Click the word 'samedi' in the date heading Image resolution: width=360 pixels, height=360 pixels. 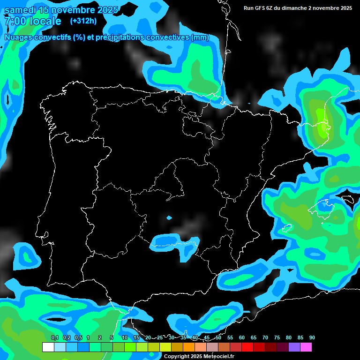click(21, 10)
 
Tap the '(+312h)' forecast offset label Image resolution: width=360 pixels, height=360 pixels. click(83, 21)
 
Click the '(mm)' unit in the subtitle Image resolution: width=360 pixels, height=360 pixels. click(200, 37)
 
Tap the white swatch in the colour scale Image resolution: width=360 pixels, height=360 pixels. click(48, 347)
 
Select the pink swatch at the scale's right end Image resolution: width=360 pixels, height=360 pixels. click(306, 347)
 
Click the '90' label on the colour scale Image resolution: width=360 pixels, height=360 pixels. click(312, 338)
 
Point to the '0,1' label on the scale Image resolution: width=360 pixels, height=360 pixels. click(54, 338)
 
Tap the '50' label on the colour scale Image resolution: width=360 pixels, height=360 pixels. click(218, 338)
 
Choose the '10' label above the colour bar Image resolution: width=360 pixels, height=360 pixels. click(124, 338)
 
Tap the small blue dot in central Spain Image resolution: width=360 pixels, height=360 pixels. click(169, 217)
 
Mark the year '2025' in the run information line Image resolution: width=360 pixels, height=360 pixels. click(345, 8)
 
